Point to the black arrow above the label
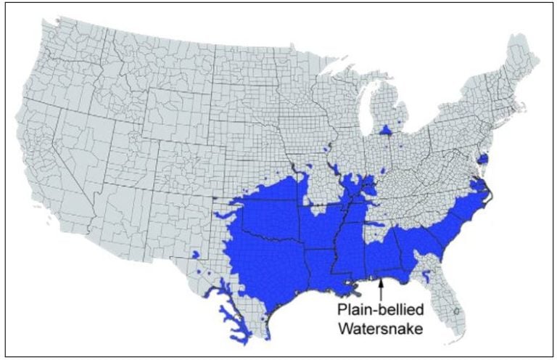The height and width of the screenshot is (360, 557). (x=379, y=287)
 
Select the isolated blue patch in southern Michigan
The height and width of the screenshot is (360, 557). (x=386, y=130)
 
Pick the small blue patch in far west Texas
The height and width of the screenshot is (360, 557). (x=195, y=255)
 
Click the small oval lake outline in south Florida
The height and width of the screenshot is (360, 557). (x=456, y=311)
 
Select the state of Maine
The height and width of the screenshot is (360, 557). (x=522, y=62)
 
